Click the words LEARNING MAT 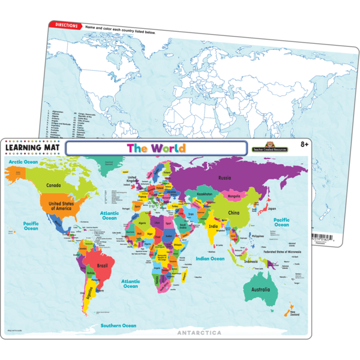pyautogui.click(x=32, y=147)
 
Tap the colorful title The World pyautogui.click(x=157, y=148)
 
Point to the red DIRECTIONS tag pyautogui.click(x=66, y=25)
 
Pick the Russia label pyautogui.click(x=226, y=178)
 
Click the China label pyautogui.click(x=234, y=213)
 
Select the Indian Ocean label pyautogui.click(x=209, y=259)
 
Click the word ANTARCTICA pyautogui.click(x=199, y=332)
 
